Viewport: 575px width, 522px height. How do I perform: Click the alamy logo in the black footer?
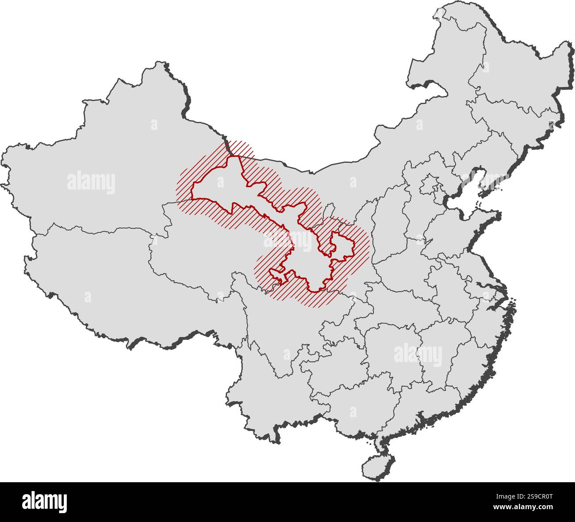[44, 502]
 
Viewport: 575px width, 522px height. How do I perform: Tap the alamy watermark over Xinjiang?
[91, 182]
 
